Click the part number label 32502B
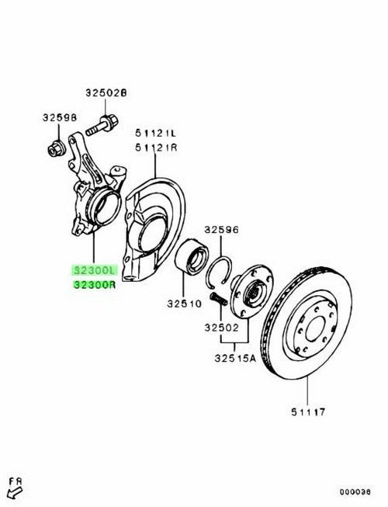(106, 93)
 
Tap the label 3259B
(60, 118)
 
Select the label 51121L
(156, 133)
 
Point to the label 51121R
(156, 148)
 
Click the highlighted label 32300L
(95, 270)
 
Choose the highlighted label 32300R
(95, 285)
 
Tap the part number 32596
(221, 230)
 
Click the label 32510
(184, 304)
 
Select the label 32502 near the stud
(221, 328)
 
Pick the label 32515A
(235, 358)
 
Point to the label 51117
(308, 412)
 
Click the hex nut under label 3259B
(57, 150)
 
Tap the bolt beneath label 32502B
(102, 127)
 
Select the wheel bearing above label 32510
(191, 257)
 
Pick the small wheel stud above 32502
(218, 298)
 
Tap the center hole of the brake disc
(314, 329)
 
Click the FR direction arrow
(15, 492)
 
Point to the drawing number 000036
(355, 492)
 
